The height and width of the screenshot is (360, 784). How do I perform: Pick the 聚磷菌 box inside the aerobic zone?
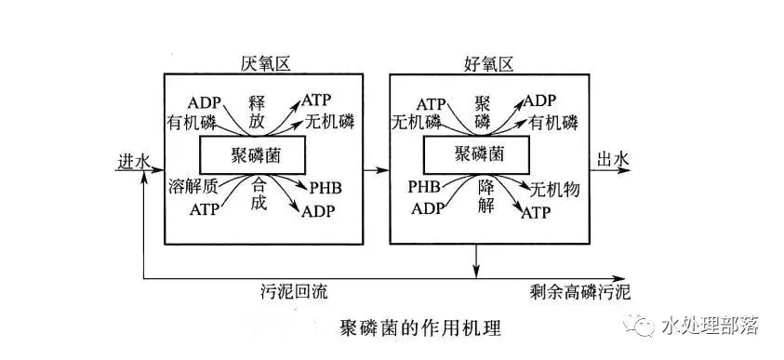tap(477, 153)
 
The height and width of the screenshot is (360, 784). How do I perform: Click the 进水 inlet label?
tap(132, 161)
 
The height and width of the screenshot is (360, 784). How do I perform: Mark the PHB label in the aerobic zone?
tap(425, 186)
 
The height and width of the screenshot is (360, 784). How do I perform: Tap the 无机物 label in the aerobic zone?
tap(553, 191)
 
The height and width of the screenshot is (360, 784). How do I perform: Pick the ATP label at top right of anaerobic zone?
tap(315, 100)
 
